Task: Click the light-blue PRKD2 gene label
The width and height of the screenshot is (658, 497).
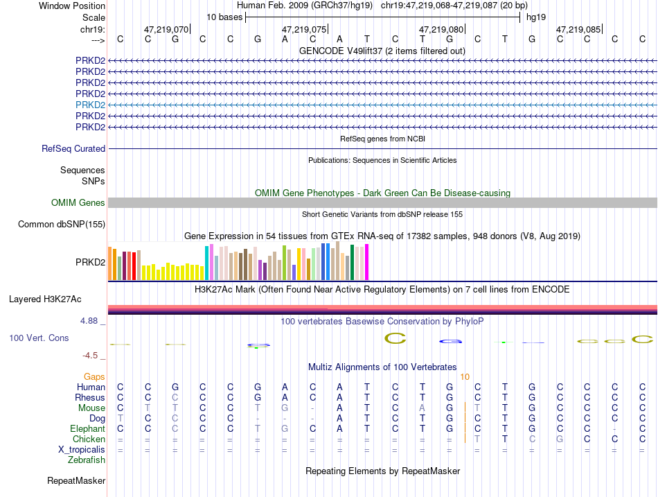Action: [x=90, y=105]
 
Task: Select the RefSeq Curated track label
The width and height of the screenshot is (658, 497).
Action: [x=73, y=149]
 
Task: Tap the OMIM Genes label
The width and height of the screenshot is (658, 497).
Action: [x=78, y=202]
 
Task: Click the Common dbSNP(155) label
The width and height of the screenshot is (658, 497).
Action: [x=62, y=225]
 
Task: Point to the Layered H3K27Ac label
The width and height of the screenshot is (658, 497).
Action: [x=45, y=299]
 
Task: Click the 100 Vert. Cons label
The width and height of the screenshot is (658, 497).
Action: [x=39, y=338]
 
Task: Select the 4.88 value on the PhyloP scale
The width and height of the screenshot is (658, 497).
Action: [x=89, y=321]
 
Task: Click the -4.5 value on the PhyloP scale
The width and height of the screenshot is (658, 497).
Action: [x=90, y=356]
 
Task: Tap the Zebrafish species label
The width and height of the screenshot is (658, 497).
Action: [x=87, y=460]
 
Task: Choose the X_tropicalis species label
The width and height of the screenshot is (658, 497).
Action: [x=82, y=450]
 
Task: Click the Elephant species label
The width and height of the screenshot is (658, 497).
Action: [x=88, y=428]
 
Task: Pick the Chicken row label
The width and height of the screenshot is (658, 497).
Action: [x=89, y=439]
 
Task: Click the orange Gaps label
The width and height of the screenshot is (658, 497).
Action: [x=94, y=377]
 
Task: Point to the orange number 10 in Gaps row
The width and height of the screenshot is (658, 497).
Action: [x=465, y=377]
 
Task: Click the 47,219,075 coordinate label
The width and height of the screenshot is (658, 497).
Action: [x=304, y=29]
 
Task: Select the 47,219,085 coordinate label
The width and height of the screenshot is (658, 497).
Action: [x=578, y=29]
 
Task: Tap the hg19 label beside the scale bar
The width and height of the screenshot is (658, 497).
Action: [x=536, y=17]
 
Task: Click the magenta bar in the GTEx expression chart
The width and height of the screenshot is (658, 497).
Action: [x=367, y=262]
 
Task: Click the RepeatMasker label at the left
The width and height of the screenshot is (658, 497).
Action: [x=76, y=480]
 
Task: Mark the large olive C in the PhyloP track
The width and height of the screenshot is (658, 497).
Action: [x=395, y=338]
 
